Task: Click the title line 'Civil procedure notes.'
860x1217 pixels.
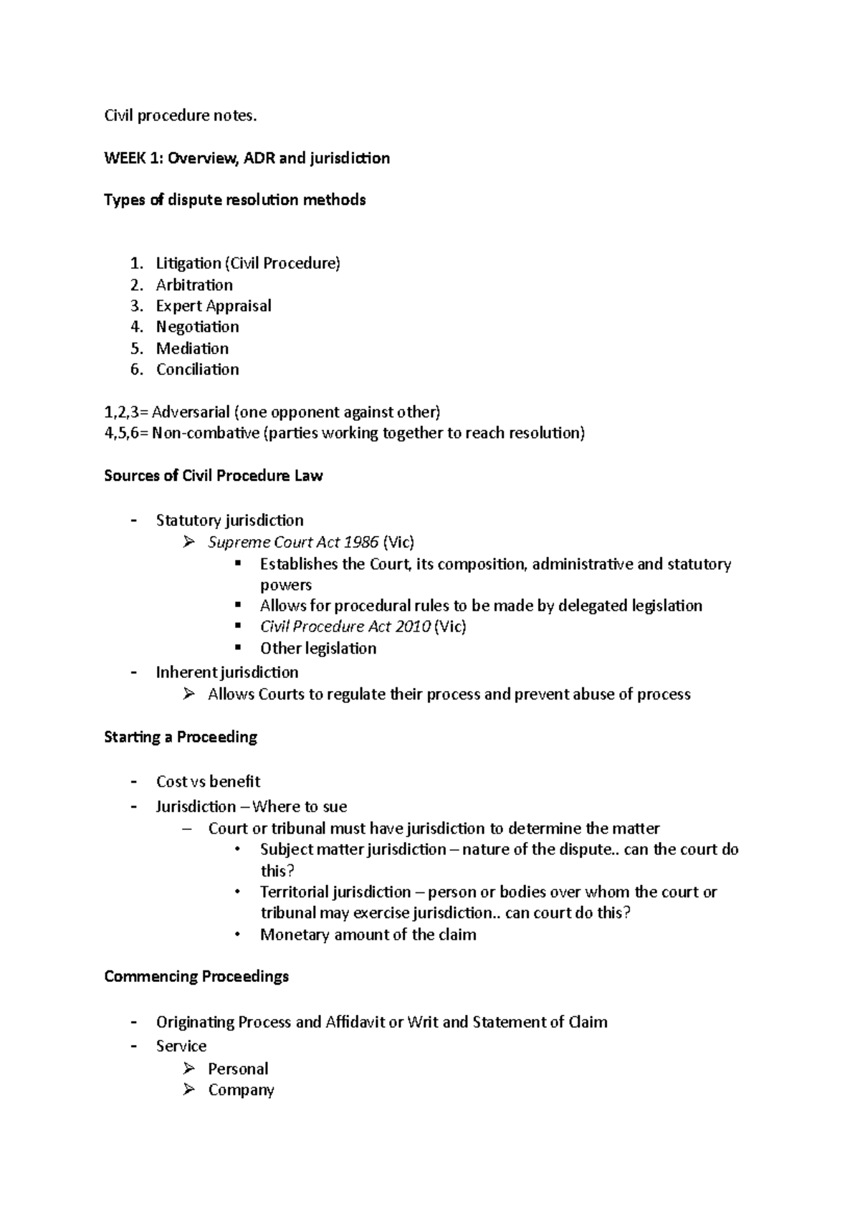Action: click(x=180, y=115)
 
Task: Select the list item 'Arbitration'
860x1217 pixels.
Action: click(x=194, y=285)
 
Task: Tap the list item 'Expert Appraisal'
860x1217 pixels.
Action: click(x=214, y=306)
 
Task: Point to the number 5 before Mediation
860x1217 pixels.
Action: click(x=137, y=348)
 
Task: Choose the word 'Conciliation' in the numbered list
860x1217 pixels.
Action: click(x=198, y=369)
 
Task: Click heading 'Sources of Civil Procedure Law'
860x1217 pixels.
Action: click(x=213, y=476)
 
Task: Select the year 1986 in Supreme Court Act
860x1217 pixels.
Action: click(x=360, y=542)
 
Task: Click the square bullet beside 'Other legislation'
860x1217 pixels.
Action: click(x=239, y=647)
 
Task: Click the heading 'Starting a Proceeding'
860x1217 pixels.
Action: click(x=181, y=737)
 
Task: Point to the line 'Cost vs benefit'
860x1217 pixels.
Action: click(x=208, y=781)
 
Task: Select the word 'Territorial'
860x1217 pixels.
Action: click(x=294, y=892)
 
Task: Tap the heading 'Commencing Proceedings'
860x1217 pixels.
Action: click(x=196, y=976)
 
